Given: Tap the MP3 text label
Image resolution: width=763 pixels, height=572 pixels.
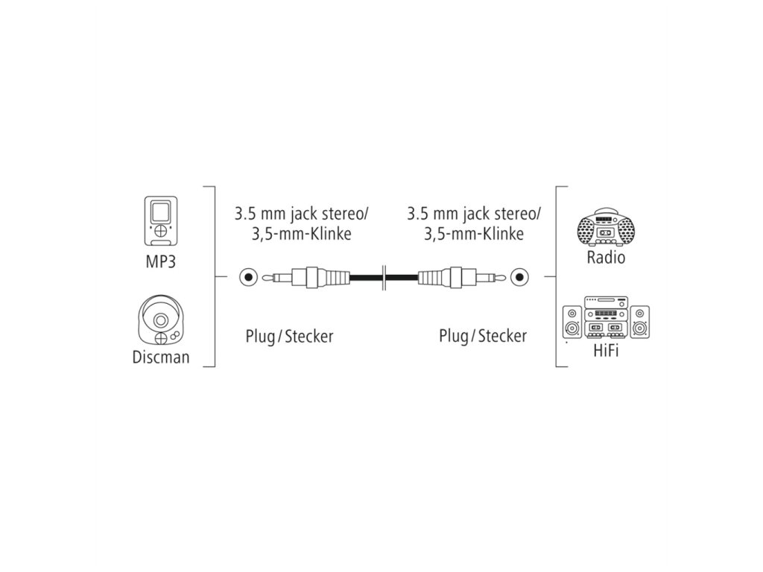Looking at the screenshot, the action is (161, 262).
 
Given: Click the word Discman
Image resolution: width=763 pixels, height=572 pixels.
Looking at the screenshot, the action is (161, 356).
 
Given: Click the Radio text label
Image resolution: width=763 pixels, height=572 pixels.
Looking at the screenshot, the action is (605, 258).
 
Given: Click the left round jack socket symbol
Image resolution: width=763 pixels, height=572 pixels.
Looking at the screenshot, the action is (247, 278).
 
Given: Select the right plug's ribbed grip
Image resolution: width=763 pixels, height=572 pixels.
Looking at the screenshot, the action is (434, 278).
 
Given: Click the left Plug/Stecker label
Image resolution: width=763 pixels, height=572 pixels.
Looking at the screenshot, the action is (289, 336).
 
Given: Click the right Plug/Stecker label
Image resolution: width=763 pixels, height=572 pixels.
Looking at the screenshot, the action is (482, 336).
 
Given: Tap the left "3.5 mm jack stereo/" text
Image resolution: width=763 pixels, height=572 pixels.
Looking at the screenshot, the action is (301, 214).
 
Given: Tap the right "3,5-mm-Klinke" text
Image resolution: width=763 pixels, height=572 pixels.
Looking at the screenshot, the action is (473, 234).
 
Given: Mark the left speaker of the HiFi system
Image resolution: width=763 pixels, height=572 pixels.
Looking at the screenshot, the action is (572, 323).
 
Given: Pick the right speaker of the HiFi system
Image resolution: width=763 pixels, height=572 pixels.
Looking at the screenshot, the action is (640, 322).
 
